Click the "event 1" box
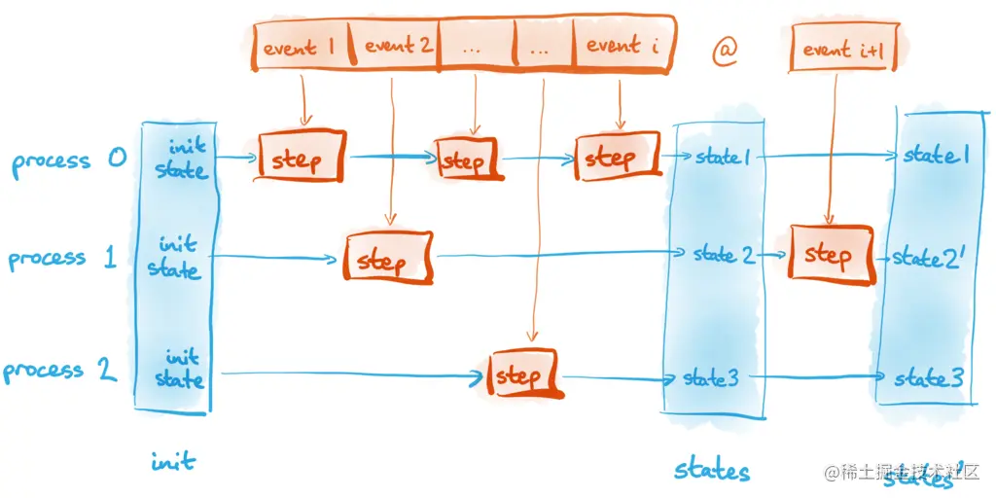pyautogui.click(x=302, y=47)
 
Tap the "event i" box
pyautogui.click(x=620, y=46)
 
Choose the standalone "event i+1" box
pyautogui.click(x=842, y=49)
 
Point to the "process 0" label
pyautogui.click(x=69, y=160)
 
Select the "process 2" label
pyautogui.click(x=60, y=371)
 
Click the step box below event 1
pyautogui.click(x=302, y=158)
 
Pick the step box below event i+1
pyautogui.click(x=828, y=255)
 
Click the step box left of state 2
pyautogui.click(x=387, y=260)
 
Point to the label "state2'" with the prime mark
pyautogui.click(x=929, y=258)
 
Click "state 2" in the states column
pyautogui.click(x=724, y=255)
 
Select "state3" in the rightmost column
pyautogui.click(x=929, y=377)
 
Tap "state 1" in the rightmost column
pyautogui.click(x=936, y=155)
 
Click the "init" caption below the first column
pyautogui.click(x=174, y=461)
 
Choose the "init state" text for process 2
pyautogui.click(x=181, y=369)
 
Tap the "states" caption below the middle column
pyautogui.click(x=712, y=471)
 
